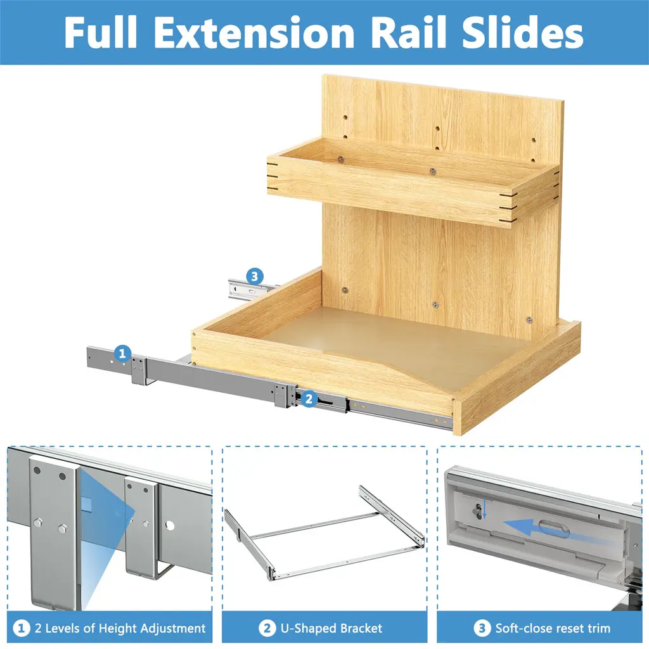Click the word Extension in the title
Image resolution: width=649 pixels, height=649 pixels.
tap(257, 33)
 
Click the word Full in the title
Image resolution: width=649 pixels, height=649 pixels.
tap(101, 32)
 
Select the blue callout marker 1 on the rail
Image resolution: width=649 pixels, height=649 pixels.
tap(122, 354)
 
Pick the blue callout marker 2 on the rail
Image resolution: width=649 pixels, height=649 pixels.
tap(309, 399)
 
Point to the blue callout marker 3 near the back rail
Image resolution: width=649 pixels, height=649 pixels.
tap(255, 276)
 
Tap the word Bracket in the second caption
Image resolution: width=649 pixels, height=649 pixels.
tap(361, 628)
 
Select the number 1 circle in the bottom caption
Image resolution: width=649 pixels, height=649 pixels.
tap(22, 628)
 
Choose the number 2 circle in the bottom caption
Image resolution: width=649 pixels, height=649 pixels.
tap(267, 628)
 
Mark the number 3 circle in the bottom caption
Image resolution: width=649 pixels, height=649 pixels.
tap(482, 628)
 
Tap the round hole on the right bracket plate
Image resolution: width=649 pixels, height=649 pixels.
tap(169, 525)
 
